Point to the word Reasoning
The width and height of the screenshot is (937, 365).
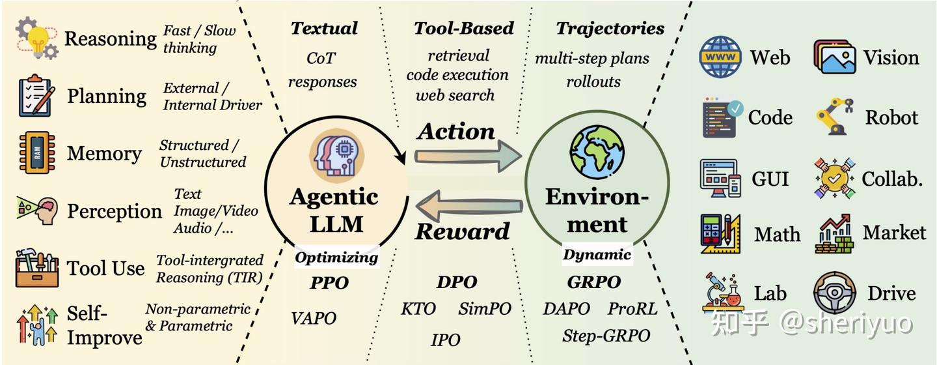pos(110,39)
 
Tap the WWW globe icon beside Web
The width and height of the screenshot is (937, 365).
pos(720,57)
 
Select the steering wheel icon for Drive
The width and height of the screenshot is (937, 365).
pos(835,294)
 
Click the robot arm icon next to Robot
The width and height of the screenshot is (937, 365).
pos(835,117)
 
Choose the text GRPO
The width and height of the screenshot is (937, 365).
pos(594,282)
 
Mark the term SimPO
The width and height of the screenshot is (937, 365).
pos(485,308)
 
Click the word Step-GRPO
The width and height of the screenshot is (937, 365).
pos(606,336)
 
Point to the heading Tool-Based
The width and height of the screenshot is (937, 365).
pos(464,28)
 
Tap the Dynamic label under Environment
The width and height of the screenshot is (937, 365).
pos(597,255)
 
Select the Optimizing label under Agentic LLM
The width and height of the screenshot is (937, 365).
pos(336,257)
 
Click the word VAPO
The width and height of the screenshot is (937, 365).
pos(314,318)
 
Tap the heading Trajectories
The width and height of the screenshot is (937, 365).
pos(610,28)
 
